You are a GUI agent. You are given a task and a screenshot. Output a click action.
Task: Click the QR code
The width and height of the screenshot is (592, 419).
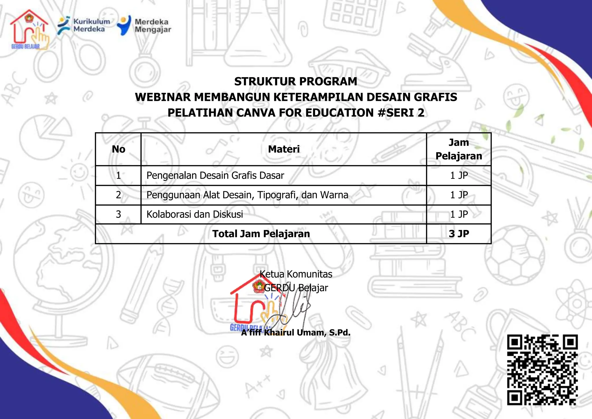point(542,370)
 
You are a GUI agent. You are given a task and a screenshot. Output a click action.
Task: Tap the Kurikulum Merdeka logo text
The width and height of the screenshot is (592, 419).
point(91,25)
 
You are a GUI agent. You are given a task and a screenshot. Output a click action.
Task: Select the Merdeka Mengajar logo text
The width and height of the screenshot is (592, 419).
point(153,25)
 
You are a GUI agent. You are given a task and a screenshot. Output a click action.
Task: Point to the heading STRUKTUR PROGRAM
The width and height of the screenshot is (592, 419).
point(295,81)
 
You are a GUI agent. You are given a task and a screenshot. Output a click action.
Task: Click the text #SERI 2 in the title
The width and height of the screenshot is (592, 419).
point(401,113)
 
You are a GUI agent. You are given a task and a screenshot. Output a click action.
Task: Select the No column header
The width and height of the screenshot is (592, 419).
point(119,149)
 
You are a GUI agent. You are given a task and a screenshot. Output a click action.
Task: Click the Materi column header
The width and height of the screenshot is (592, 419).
point(284,149)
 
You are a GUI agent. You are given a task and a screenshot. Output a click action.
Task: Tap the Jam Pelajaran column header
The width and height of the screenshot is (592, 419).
point(459,149)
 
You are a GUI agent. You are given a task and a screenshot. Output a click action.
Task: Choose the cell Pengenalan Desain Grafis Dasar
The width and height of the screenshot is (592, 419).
point(215,175)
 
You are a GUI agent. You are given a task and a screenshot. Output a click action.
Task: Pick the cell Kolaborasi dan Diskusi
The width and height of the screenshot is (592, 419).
point(195,214)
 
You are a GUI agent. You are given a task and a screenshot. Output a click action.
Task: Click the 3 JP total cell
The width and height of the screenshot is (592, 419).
point(459,234)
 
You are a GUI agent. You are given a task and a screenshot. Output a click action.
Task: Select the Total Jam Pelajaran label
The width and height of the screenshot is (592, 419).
point(261,234)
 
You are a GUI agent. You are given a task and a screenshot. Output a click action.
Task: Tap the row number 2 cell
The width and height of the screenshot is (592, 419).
point(119,195)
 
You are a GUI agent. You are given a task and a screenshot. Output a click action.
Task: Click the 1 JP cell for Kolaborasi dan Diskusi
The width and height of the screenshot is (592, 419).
point(459,214)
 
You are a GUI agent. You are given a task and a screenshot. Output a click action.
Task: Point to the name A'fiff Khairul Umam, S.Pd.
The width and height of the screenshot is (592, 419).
point(296,333)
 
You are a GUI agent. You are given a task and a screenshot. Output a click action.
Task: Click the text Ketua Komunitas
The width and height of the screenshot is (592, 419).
point(296,274)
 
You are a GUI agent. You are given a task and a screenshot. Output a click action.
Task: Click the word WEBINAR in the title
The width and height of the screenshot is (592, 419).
point(163,97)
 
